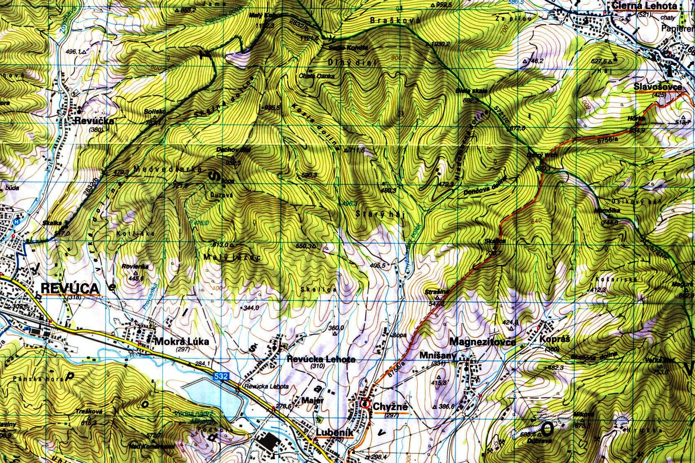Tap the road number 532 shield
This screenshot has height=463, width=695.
(221, 375)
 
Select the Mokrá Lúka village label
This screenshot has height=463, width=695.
(182, 341)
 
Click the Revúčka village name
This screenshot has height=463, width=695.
(94, 121)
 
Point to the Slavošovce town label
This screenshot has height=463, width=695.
(657, 87)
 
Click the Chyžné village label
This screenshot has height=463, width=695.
(390, 407)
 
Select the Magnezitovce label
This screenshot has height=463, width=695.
(482, 341)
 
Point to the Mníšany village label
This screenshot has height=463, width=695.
(438, 356)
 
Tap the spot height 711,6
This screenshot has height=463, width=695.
(357, 150)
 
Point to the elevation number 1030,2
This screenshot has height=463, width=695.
(440, 43)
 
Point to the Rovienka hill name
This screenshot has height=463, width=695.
(135, 266)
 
